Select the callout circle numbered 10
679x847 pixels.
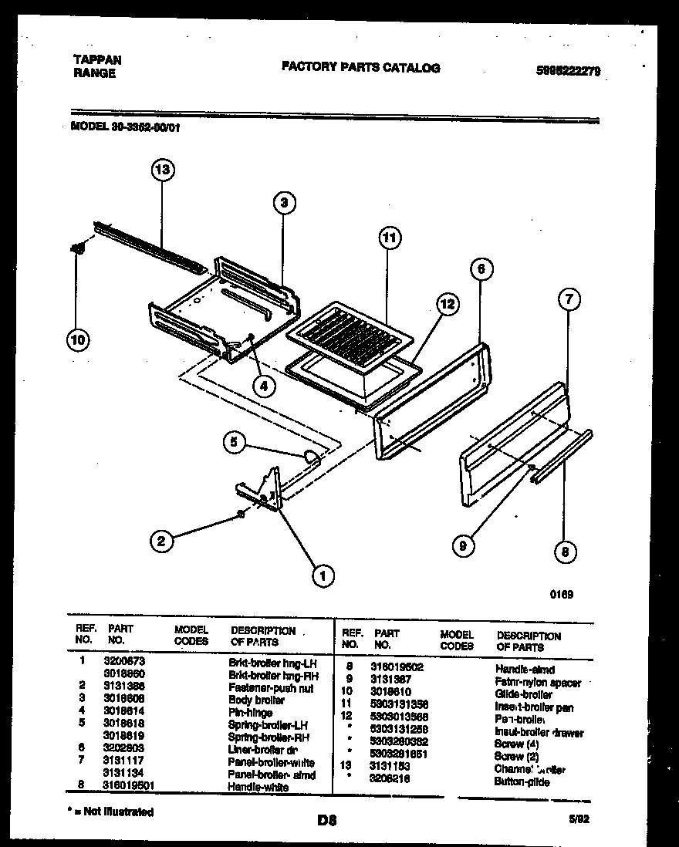coord(77,339)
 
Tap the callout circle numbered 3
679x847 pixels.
coord(284,203)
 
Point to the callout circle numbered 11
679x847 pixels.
coord(390,238)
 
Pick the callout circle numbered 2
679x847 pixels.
coord(160,542)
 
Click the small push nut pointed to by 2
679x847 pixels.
coord(242,513)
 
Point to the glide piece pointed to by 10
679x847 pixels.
coord(78,248)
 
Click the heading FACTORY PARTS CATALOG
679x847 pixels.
coord(360,68)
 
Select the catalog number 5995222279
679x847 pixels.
coord(568,71)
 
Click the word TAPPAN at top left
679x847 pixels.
coord(96,59)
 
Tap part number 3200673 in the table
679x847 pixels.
coord(124,661)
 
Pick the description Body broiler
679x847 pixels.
coord(256,700)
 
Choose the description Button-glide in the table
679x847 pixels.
coord(522,781)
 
